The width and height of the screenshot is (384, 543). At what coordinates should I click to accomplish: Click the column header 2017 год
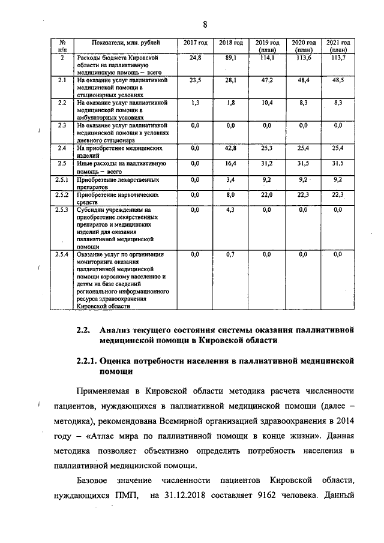[x=194, y=43]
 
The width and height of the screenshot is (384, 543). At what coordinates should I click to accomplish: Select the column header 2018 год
[x=230, y=43]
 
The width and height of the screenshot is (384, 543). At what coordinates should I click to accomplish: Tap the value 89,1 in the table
[x=231, y=58]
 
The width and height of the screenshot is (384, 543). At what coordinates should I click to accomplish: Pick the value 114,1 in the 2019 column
[x=267, y=58]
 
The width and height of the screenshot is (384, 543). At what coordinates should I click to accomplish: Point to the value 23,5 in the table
[x=194, y=80]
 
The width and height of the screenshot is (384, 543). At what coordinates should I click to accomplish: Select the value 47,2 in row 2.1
[x=267, y=80]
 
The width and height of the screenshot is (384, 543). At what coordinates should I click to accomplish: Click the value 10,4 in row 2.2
[x=267, y=103]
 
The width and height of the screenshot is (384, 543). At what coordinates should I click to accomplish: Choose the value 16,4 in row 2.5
[x=231, y=163]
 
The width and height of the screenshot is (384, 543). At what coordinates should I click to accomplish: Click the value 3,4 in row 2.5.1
[x=231, y=179]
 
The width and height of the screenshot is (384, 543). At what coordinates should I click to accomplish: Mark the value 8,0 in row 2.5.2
[x=231, y=195]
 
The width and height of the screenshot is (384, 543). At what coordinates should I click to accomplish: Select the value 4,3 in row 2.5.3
[x=231, y=210]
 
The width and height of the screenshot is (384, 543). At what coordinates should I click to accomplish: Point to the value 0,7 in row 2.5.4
[x=231, y=255]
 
